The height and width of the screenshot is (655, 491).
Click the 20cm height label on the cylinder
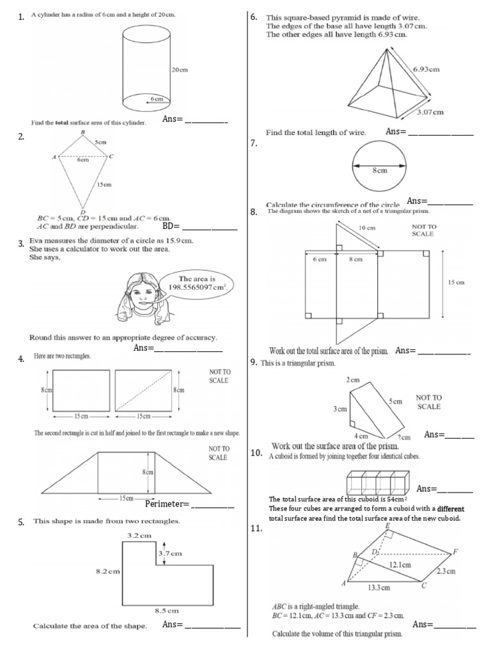pyautogui.click(x=180, y=70)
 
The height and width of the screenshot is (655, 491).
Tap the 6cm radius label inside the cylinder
pyautogui.click(x=157, y=99)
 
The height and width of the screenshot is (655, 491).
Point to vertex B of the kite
pyautogui.click(x=83, y=132)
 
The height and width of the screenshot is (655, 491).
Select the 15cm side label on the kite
pyautogui.click(x=104, y=184)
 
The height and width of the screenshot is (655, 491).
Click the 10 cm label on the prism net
pyautogui.click(x=366, y=228)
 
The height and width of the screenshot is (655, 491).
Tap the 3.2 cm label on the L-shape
pyautogui.click(x=139, y=534)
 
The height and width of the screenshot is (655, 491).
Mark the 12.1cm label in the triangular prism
pyautogui.click(x=400, y=565)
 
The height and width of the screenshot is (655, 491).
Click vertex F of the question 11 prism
pyautogui.click(x=455, y=551)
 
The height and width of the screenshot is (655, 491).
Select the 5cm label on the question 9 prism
pyautogui.click(x=395, y=402)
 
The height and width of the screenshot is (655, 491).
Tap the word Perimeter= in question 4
pyautogui.click(x=168, y=505)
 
